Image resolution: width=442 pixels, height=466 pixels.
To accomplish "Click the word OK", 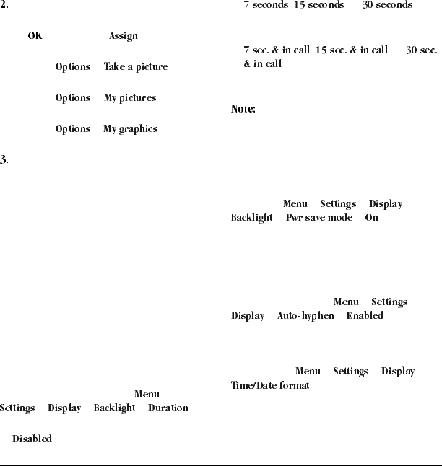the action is (35, 35).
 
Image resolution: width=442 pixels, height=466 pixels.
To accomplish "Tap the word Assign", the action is (123, 35).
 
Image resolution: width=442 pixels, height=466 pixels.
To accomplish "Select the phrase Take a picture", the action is (135, 66).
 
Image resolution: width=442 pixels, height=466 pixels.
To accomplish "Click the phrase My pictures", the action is (129, 97).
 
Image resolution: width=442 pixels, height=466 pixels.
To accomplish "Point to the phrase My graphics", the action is (130, 128).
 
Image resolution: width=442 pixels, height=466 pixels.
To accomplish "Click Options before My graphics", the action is (73, 128).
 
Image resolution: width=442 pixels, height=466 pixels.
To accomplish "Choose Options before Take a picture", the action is (73, 66).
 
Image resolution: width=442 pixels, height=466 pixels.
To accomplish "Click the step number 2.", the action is (4, 4).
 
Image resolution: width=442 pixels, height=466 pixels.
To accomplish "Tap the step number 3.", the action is (4, 159).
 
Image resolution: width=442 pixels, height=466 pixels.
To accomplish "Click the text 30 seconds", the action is (387, 5).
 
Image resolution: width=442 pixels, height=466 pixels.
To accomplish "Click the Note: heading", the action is (243, 109).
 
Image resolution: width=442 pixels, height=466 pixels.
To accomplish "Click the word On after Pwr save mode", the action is (371, 217).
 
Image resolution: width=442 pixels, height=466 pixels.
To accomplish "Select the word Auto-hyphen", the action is (305, 315).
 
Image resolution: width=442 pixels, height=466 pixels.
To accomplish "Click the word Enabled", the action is (365, 315).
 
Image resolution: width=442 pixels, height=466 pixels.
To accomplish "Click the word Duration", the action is (168, 408).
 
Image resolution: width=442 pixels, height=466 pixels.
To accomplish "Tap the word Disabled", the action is (32, 439).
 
